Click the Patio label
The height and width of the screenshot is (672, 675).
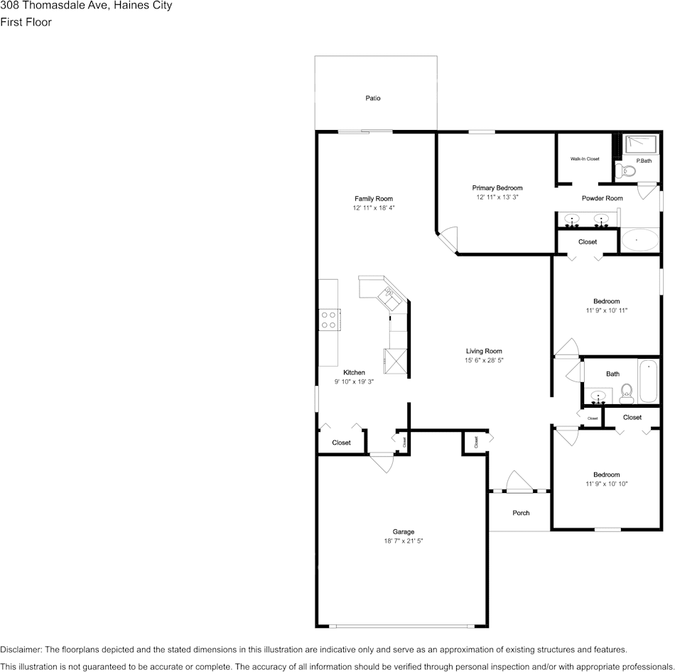coord(373,98)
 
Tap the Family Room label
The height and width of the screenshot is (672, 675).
coord(374,199)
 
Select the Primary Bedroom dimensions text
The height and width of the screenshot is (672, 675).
coord(497,197)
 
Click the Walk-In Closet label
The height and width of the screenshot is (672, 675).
coord(585,159)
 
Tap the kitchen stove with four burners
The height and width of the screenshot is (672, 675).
coord(329,320)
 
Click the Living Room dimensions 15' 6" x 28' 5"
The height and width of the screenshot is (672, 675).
coord(484,361)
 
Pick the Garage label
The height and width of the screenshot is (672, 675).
coord(404,531)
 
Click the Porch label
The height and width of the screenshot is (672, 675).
coord(521,513)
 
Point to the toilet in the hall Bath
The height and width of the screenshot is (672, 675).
coord(627,392)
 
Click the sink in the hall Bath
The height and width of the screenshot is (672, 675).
coord(598,396)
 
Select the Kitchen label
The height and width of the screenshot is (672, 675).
coord(354,372)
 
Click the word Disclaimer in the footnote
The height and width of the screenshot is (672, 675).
coord(21,649)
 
